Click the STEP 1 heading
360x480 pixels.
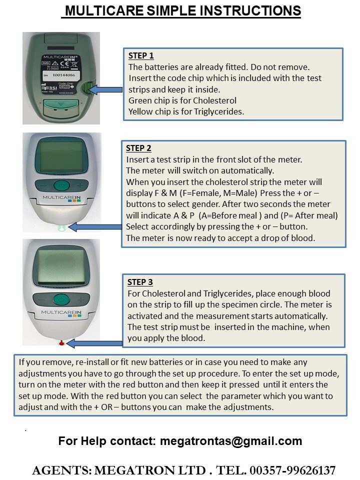tap(141, 56)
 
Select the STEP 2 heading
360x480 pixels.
tap(138, 148)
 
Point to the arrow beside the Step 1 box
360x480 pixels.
tap(106, 89)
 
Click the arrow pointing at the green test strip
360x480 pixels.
tap(95, 227)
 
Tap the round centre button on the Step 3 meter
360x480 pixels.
tap(61, 300)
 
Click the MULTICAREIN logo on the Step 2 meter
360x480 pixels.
tap(62, 198)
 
